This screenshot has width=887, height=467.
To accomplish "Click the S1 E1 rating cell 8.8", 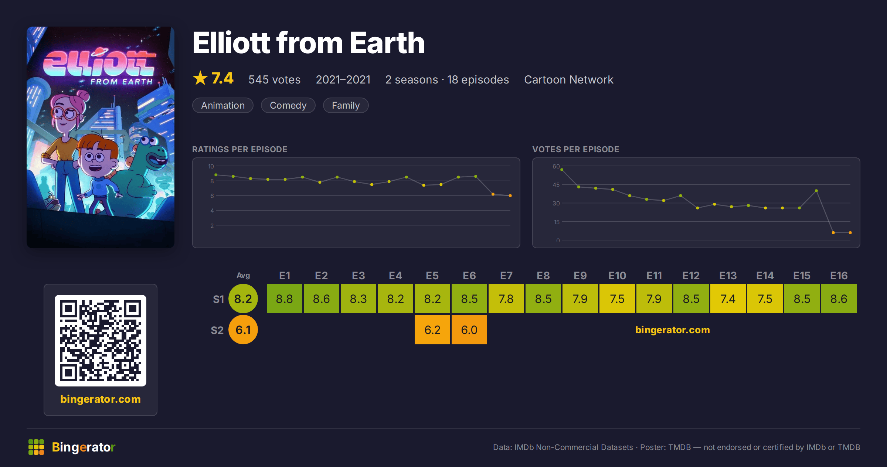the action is (284, 299).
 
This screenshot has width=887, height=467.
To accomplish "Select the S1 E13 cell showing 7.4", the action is (728, 299).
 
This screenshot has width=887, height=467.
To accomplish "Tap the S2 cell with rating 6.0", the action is (469, 330).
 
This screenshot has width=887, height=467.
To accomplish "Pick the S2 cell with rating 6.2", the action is (432, 330).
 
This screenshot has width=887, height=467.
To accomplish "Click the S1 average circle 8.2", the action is (243, 299).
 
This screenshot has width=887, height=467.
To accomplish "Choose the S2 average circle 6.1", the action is (243, 330).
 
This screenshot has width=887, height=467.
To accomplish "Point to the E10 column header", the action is (617, 276).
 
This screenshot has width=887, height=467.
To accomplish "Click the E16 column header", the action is (839, 276).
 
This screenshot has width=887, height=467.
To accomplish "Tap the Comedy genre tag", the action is (288, 105).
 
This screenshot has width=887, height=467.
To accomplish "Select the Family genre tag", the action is (346, 105).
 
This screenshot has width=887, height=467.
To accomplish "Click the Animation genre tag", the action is (223, 105).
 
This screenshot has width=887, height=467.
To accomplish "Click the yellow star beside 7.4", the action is (200, 78).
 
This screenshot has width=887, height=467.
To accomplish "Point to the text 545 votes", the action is (274, 79).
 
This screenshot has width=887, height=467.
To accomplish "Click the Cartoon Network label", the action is (568, 79).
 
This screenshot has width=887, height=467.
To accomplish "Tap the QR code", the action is (101, 341).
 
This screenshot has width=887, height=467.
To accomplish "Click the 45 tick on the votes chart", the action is (556, 185).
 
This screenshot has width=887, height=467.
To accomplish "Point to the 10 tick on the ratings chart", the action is (211, 166).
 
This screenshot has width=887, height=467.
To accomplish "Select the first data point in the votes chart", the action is (562, 170).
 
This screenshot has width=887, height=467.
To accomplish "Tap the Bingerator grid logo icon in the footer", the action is (36, 447).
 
